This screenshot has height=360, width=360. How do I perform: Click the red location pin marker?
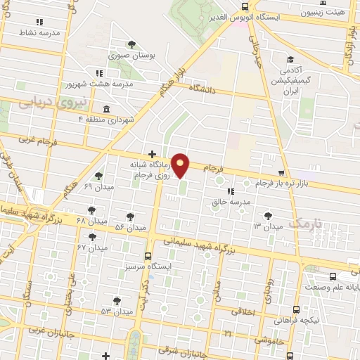tap(181, 165)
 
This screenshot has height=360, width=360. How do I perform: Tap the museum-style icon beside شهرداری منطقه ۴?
tap(105, 108)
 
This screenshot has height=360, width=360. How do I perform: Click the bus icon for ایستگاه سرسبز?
tap(148, 257)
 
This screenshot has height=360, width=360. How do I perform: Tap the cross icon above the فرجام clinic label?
tap(152, 154)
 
